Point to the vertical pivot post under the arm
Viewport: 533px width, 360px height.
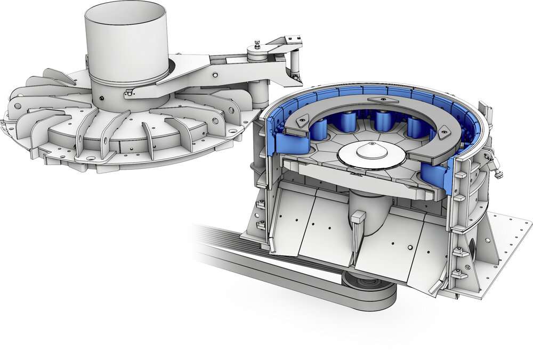click(x=259, y=94)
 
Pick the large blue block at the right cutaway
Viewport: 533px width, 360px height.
click(x=437, y=176)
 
